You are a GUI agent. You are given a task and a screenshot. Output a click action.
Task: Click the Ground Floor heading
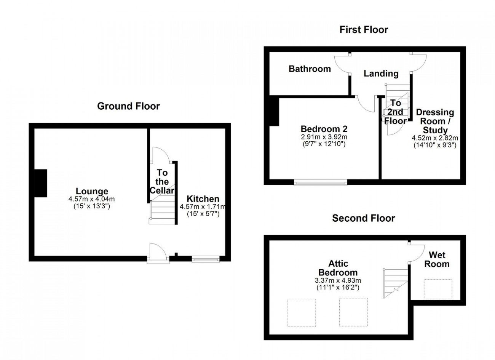click(x=128, y=106)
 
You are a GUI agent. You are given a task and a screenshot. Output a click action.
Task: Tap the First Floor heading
click(x=364, y=30)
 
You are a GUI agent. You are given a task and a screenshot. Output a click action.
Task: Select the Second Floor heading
click(x=364, y=218)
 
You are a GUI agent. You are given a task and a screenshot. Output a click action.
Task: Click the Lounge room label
click(x=92, y=191)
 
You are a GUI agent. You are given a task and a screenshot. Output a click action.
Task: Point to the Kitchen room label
click(x=203, y=199)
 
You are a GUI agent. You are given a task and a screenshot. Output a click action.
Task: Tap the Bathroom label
click(x=310, y=69)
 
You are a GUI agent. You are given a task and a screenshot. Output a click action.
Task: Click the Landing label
click(x=381, y=74)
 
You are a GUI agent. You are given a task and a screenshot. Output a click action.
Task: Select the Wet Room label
click(x=437, y=259)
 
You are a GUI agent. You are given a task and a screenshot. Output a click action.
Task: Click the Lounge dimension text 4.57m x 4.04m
click(x=91, y=199)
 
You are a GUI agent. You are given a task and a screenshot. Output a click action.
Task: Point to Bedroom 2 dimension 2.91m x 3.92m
click(x=324, y=137)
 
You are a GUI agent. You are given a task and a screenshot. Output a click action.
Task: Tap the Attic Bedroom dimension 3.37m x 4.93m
click(x=338, y=280)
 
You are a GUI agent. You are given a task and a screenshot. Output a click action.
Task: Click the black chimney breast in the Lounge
click(x=41, y=183)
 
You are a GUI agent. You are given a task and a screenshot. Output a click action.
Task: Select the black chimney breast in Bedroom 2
click(x=274, y=112)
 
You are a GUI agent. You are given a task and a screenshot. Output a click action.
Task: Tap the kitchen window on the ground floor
click(x=206, y=259)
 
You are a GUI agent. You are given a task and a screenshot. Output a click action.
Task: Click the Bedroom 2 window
click(x=321, y=182)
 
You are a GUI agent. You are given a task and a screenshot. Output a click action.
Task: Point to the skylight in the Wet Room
click(x=438, y=289)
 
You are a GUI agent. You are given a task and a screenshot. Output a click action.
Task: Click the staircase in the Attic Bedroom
click(x=396, y=283)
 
